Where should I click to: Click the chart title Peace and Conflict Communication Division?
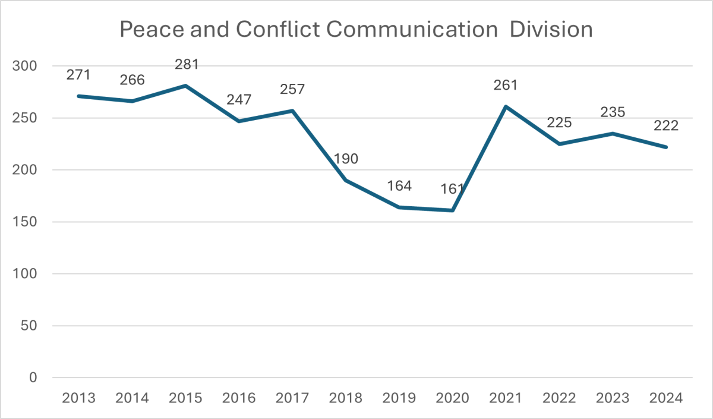(356, 29)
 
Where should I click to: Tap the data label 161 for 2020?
(452, 190)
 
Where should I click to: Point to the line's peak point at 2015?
(185, 86)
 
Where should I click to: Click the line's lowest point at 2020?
(452, 210)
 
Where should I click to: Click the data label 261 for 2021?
(506, 85)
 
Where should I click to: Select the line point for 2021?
(506, 106)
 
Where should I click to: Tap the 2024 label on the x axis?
(666, 397)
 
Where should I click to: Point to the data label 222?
(666, 125)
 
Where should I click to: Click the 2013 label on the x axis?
(78, 397)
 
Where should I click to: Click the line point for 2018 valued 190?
(346, 180)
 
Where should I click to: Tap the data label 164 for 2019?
(399, 186)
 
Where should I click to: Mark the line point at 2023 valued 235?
(613, 133)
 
